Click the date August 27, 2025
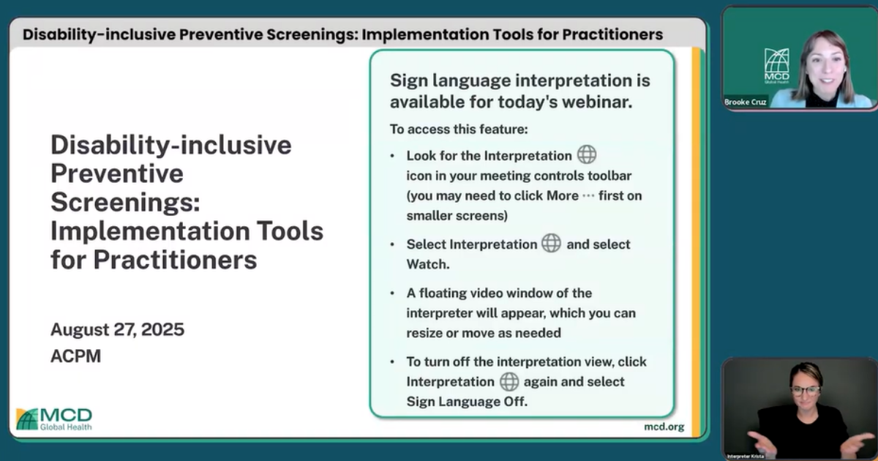click(117, 329)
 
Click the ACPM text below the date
click(75, 356)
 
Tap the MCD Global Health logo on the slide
click(54, 419)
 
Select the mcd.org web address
click(664, 427)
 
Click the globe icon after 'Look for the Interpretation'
click(587, 155)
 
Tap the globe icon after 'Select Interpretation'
click(551, 244)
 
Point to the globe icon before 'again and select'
click(509, 381)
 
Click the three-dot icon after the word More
click(588, 195)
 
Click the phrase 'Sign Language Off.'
click(467, 401)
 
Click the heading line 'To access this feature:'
click(459, 130)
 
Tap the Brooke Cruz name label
click(746, 102)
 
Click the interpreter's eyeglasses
click(806, 389)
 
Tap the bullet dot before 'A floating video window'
click(392, 293)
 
